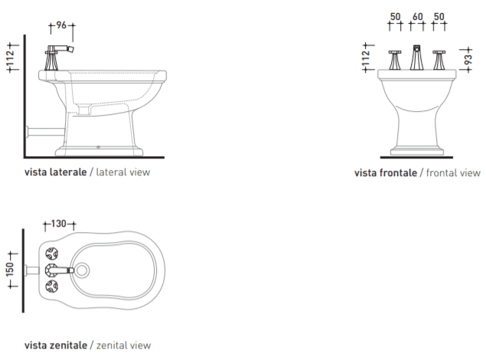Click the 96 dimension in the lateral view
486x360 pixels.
(x=61, y=25)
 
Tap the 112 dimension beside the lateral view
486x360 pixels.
(x=11, y=58)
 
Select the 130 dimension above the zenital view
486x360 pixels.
(x=58, y=224)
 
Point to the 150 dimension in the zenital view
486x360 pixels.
(x=10, y=270)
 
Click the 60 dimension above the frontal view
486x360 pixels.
(x=418, y=16)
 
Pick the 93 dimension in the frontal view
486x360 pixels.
(x=468, y=59)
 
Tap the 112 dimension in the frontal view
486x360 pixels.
(x=366, y=58)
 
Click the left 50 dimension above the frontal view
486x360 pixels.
(x=395, y=16)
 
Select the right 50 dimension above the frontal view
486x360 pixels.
(x=439, y=16)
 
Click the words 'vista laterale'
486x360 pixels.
(x=55, y=172)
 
